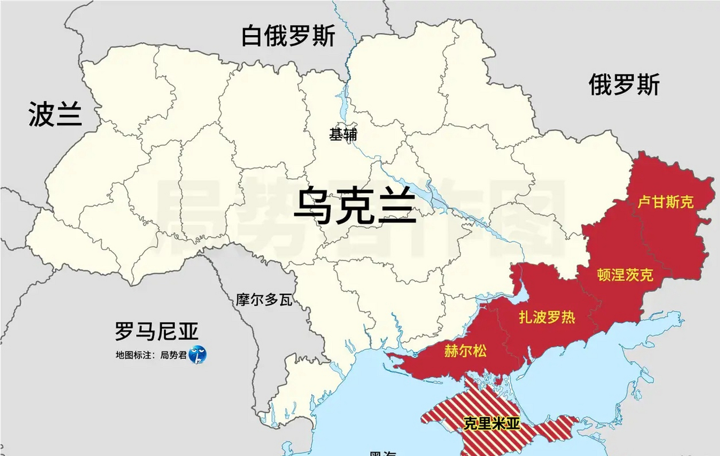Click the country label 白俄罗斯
click(x=288, y=36)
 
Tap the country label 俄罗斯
click(x=624, y=85)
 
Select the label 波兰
click(x=55, y=114)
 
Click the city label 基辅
click(x=343, y=135)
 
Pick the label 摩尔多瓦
click(x=264, y=300)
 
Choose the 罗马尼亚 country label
click(x=156, y=331)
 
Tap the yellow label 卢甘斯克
click(x=665, y=202)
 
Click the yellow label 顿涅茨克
click(x=625, y=275)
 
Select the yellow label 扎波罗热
click(x=547, y=317)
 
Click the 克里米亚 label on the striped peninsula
click(x=491, y=424)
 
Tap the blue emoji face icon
click(x=198, y=354)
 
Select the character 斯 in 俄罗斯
click(x=648, y=85)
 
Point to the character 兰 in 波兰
click(x=69, y=114)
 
